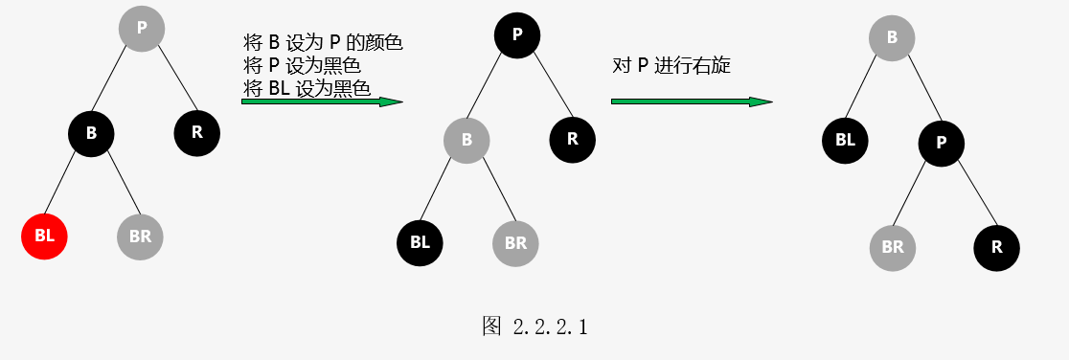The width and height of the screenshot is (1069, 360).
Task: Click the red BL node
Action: tap(44, 236)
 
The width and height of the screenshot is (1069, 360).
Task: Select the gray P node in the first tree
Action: tap(142, 28)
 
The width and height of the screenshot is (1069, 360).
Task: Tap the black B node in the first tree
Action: tap(91, 133)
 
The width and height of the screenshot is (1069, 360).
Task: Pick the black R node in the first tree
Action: tap(197, 133)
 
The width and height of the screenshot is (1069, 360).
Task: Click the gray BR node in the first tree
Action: tap(140, 236)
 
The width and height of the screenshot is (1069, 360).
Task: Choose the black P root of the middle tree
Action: tap(517, 34)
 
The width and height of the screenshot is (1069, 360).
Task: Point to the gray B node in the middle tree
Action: tap(467, 141)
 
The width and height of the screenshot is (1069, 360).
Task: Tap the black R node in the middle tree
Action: tap(573, 140)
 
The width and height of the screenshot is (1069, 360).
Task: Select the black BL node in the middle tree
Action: tap(420, 243)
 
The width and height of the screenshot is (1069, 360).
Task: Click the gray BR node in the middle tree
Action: tap(516, 243)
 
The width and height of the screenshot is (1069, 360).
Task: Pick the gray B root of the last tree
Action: tap(892, 37)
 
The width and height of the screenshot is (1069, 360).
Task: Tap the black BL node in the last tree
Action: tap(846, 141)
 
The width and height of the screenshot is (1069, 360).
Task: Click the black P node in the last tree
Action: tap(942, 143)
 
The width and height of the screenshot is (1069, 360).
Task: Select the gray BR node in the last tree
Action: tap(893, 248)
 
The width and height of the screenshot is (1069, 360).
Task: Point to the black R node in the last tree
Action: tap(997, 248)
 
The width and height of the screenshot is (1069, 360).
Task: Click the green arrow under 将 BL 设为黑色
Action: tap(323, 101)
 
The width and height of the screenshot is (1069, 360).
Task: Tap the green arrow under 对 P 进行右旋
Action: tap(692, 101)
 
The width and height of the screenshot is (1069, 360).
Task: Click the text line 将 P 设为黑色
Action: tap(302, 66)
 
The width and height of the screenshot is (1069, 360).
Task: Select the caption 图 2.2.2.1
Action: tap(535, 326)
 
